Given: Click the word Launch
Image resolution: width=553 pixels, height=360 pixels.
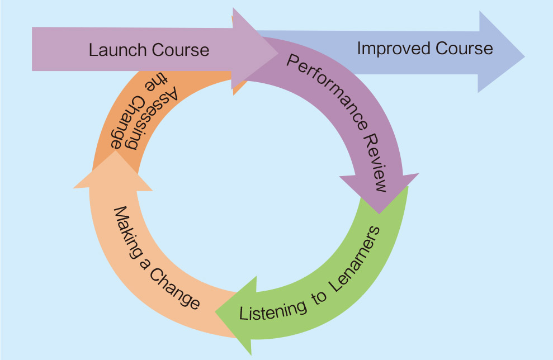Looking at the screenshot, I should pyautogui.click(x=115, y=50).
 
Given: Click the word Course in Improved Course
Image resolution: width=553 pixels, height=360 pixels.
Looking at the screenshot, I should pyautogui.click(x=464, y=48).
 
